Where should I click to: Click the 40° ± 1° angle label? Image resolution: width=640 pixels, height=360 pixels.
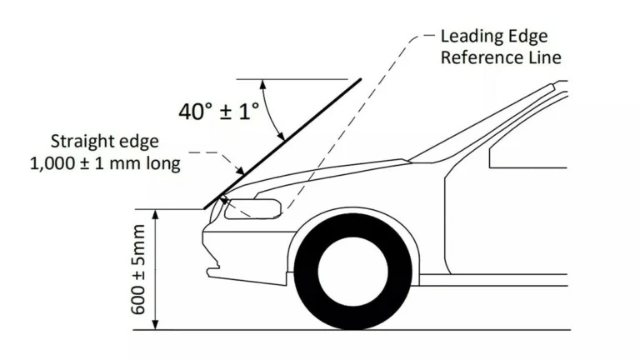219,111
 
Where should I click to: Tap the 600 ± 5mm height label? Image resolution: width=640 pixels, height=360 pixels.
138,269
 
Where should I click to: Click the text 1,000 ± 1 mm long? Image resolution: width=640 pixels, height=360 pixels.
105,163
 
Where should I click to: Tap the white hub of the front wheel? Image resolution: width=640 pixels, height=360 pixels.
352,272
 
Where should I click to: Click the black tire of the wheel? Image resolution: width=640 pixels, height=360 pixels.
306,272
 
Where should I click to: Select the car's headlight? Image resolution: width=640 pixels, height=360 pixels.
253,208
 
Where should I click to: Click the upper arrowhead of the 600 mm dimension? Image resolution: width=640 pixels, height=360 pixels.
155,214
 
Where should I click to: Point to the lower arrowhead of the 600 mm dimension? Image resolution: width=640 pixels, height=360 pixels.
155,325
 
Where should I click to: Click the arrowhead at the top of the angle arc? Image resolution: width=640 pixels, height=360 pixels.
262,84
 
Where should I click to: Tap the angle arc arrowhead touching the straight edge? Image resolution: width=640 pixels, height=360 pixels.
280,137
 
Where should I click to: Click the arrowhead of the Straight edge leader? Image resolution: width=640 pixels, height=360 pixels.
240,170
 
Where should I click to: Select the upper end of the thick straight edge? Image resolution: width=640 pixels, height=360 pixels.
360,80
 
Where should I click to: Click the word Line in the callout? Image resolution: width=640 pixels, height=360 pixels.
542,57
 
